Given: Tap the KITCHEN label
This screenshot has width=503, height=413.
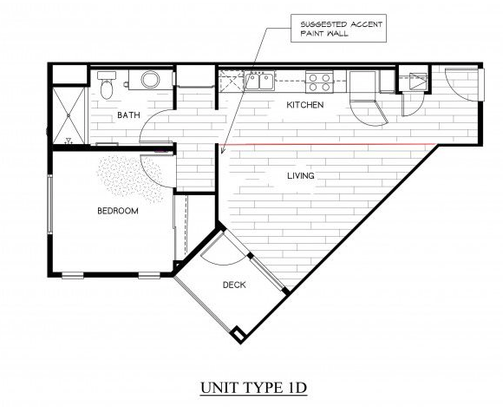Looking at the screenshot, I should point(305,105).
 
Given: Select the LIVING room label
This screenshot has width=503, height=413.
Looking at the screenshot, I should point(300,176).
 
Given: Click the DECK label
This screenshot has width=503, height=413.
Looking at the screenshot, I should point(234,284).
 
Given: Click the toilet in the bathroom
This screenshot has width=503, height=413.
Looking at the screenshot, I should point(107,85).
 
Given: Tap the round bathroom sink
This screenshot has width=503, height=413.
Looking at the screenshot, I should point(150,81).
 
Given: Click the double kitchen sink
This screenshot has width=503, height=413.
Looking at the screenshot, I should point(258,82).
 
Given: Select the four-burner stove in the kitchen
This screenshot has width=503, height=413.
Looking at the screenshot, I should point(319,82).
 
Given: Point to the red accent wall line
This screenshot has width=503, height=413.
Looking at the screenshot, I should point(330,143).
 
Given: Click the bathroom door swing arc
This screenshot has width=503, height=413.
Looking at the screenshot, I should point(156,130).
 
